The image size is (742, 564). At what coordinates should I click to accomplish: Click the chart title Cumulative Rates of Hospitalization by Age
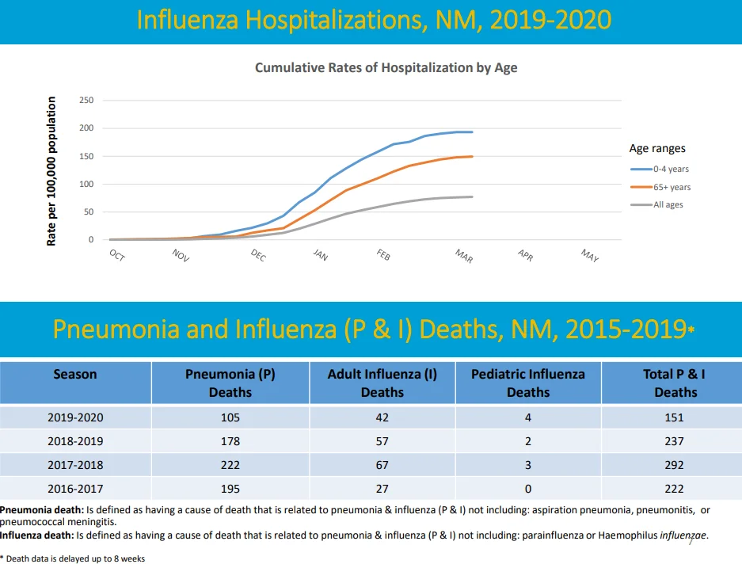point(386,67)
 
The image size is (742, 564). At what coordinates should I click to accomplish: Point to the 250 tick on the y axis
point(86,101)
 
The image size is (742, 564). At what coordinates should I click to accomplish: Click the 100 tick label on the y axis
point(86,185)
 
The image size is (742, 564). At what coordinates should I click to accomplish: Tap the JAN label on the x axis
point(321,255)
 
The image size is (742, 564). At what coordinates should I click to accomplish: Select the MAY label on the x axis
point(590,256)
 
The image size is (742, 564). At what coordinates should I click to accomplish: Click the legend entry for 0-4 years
point(660,169)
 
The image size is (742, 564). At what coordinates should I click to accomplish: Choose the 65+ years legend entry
point(660,187)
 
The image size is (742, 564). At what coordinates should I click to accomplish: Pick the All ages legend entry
point(656,204)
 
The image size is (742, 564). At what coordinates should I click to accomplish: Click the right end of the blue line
point(472,132)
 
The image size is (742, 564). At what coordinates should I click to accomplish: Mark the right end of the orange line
point(472,156)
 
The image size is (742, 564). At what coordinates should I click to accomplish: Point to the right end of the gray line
point(472,197)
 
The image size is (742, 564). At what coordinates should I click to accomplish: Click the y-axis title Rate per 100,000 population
point(51,171)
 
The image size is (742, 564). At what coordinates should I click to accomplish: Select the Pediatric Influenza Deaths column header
point(528,383)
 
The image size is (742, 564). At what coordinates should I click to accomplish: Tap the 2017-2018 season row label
point(75,465)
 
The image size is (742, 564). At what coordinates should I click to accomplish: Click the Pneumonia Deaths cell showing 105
point(230,417)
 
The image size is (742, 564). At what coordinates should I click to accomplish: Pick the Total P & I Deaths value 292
point(675,465)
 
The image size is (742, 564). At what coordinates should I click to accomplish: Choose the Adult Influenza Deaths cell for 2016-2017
point(382,489)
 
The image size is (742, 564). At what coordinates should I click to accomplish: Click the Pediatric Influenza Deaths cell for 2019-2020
point(528,417)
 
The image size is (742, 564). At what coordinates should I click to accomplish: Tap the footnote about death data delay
point(73,558)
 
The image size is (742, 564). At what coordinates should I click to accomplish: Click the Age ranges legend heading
point(657,149)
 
